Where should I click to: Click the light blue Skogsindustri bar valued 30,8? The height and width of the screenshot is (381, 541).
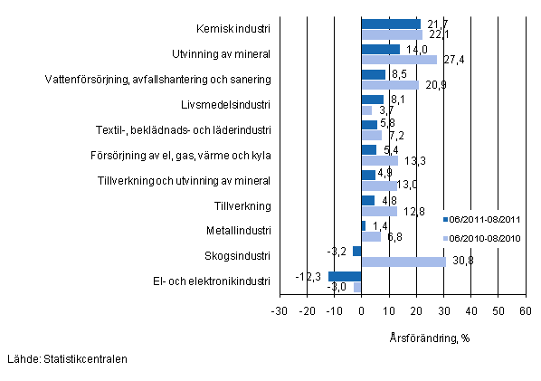tap(403, 262)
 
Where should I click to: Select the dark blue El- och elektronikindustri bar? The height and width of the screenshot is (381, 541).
tap(345, 276)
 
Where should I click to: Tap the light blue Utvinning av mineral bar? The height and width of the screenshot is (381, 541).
tap(399, 60)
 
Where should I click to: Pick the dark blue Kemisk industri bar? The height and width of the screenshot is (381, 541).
tap(391, 24)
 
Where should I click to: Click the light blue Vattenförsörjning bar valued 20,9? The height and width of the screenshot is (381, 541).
tap(390, 85)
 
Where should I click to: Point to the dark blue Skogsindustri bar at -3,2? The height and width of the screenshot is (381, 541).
tap(357, 251)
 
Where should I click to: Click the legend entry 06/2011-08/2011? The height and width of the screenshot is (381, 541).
tap(483, 219)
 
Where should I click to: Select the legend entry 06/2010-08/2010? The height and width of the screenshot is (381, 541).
tap(483, 239)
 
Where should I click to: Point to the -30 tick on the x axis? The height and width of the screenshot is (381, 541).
tap(280, 311)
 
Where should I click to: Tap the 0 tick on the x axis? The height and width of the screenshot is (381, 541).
tap(362, 311)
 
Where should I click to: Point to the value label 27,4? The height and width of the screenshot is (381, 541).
tap(451, 60)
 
